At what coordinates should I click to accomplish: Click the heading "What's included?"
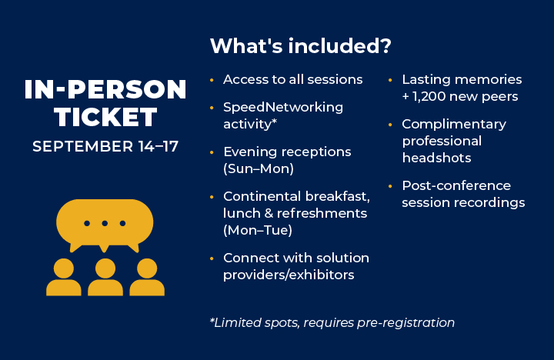[x=301, y=46]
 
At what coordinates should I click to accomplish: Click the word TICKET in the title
[x=105, y=117]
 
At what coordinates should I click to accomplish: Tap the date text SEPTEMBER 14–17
[x=105, y=146]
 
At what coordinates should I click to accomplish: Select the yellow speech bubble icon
[x=105, y=223]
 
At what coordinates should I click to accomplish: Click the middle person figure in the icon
[x=105, y=278]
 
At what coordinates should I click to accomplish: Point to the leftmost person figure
[x=64, y=278]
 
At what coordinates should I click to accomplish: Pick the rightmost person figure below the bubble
[x=146, y=278]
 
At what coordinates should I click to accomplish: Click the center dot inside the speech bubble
[x=105, y=223]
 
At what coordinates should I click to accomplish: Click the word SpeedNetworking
[x=283, y=107]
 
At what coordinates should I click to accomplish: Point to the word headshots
[x=436, y=158]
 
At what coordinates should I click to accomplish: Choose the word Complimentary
[x=454, y=124]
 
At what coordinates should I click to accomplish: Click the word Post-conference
[x=456, y=185]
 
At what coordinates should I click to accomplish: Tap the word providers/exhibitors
[x=289, y=275]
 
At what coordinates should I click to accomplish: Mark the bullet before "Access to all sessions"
[x=212, y=80]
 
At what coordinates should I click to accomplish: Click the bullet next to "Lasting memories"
[x=391, y=80]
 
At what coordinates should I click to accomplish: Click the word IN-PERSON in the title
[x=105, y=89]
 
